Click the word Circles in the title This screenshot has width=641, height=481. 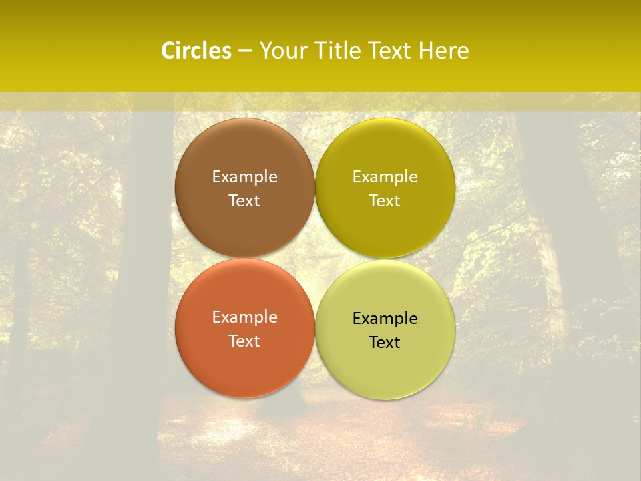tap(196, 51)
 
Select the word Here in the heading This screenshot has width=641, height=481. tap(444, 51)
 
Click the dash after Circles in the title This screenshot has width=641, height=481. tap(245, 51)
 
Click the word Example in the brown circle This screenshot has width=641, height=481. tap(244, 177)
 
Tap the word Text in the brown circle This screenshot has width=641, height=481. tap(244, 201)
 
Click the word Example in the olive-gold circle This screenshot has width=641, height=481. tap(385, 177)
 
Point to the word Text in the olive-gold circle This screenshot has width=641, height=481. tap(385, 201)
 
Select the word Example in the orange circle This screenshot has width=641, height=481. tap(244, 317)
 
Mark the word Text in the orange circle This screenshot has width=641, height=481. tap(244, 341)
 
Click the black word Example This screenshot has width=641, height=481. tap(385, 319)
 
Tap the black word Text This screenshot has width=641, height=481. tap(385, 343)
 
